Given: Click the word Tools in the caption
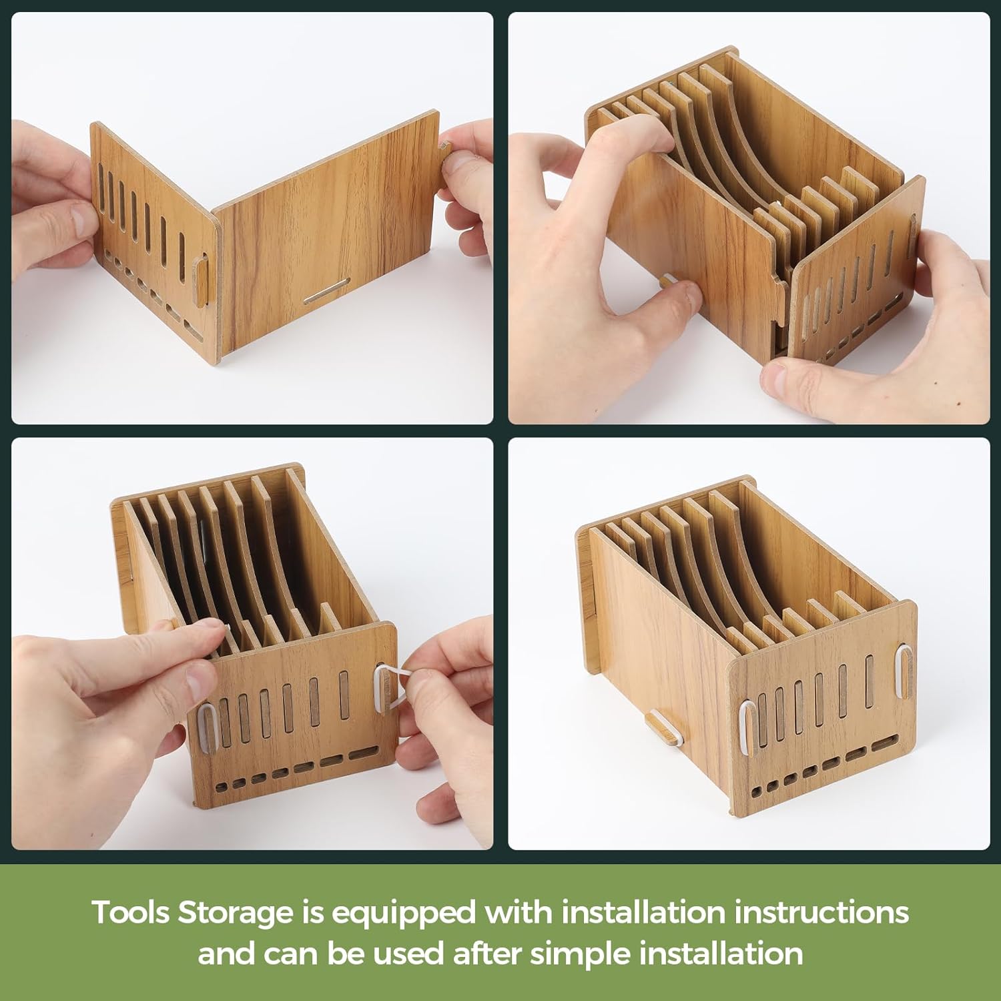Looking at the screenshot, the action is coord(131,912).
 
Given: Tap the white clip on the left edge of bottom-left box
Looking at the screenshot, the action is coord(208,725).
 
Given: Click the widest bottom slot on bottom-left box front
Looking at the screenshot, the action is coord(362,754).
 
